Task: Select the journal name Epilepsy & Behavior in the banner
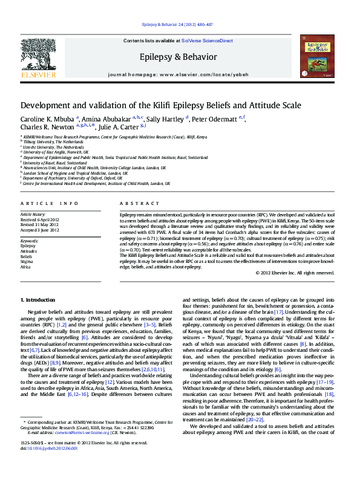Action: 178,57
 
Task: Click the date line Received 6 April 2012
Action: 40,219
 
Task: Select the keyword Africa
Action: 26,267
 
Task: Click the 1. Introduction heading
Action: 38,300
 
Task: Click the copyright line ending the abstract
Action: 295,272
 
